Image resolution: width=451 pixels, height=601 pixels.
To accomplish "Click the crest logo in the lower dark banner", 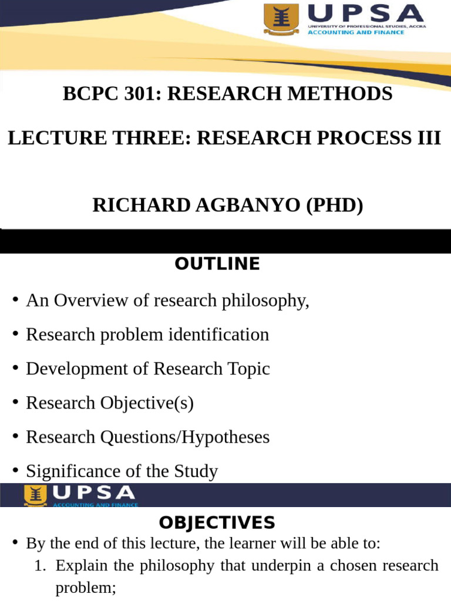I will [35, 495].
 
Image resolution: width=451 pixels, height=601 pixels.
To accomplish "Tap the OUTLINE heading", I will [217, 264].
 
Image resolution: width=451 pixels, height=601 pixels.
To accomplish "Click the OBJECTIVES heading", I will [217, 522].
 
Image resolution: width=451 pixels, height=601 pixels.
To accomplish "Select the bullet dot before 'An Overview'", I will [15, 301].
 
